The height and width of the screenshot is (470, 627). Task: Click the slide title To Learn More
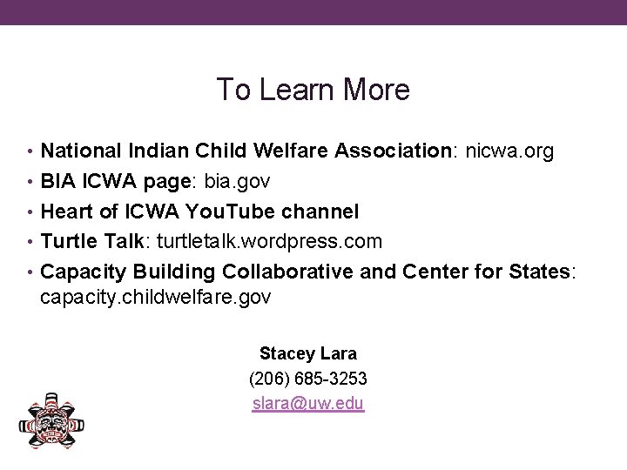tap(313, 89)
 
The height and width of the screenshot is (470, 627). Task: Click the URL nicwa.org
tap(509, 151)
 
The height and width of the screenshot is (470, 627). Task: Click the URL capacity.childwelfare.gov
tap(156, 298)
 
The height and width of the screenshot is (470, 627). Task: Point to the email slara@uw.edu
tap(307, 404)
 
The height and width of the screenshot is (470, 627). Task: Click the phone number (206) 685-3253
tap(307, 379)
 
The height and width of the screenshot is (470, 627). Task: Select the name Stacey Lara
tap(307, 354)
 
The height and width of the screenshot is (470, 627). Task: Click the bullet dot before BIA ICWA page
tap(32, 182)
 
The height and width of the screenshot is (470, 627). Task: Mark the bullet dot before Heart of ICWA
tap(32, 211)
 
